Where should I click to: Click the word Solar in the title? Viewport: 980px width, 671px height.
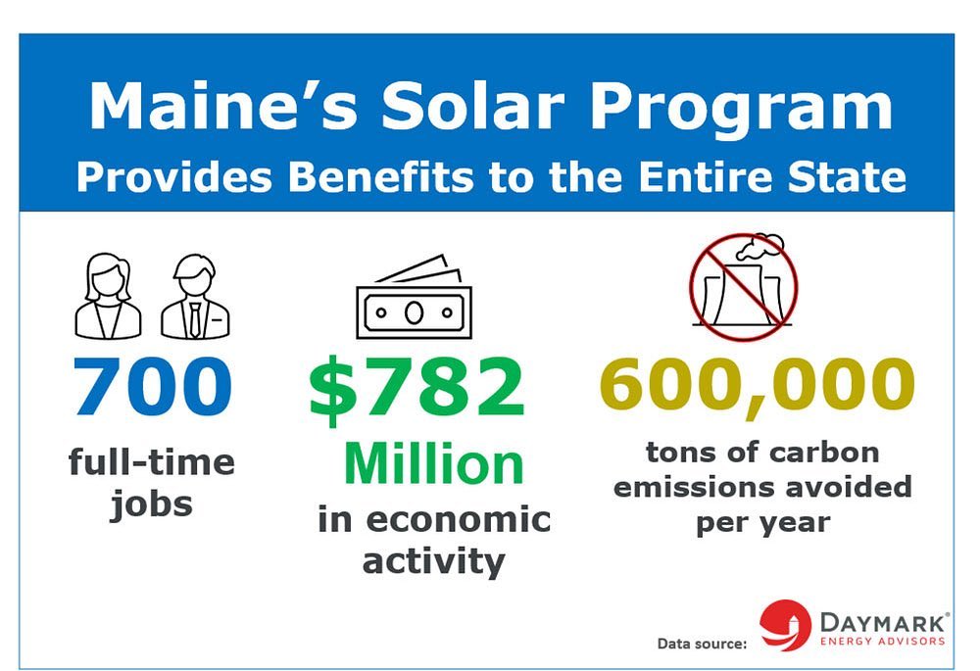coord(473,106)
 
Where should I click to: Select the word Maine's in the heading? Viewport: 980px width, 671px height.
coord(223,105)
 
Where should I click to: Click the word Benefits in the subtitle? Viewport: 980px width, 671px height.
coord(380,176)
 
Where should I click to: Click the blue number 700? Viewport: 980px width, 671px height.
coord(153,386)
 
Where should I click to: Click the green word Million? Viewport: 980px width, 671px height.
coord(434,463)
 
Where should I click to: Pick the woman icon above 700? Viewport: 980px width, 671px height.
coord(108,296)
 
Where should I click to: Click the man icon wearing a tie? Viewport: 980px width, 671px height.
coord(195,296)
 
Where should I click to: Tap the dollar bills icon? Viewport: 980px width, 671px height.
coord(414,297)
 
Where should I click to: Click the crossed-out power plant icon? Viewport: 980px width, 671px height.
coord(743,287)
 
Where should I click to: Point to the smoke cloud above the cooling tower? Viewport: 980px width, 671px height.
coord(759,247)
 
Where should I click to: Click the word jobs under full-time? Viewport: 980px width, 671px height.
coord(151,504)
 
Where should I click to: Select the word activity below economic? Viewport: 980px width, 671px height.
coord(433,561)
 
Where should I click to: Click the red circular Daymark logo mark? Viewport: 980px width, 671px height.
coord(784,625)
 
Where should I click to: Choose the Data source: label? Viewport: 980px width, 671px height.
coord(702,644)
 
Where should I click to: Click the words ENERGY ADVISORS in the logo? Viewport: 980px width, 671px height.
coord(883,641)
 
